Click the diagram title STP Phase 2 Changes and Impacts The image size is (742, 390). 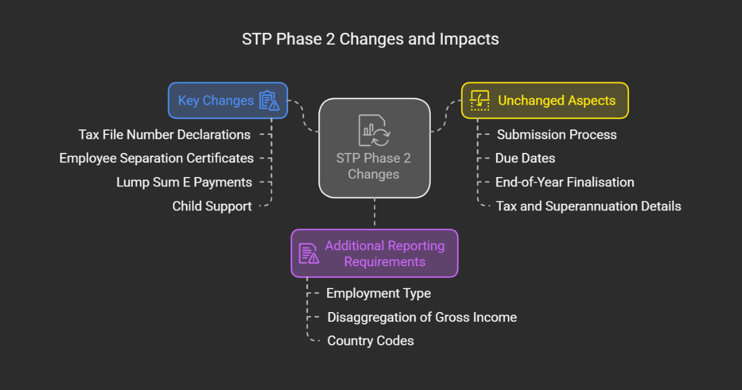pos(370,39)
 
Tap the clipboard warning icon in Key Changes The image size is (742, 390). pos(268,100)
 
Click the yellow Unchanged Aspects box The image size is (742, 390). pos(545,100)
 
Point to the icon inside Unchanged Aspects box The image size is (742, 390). pos(480,100)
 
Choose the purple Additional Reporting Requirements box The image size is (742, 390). pos(374,253)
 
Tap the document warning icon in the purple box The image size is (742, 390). pos(309,253)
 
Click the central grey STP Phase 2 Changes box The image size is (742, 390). pos(374,149)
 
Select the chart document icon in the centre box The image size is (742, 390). pos(373,130)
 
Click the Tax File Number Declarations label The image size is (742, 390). pos(164,134)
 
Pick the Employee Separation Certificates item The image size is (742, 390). pos(156,158)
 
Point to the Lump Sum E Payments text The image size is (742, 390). pos(184,182)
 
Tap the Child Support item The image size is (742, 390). pos(212,206)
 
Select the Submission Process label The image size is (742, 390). pos(557,134)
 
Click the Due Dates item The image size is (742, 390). pos(525,158)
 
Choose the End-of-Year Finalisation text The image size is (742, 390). pos(565,182)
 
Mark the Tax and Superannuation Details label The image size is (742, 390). pos(588,206)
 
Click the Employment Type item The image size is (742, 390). pos(378,293)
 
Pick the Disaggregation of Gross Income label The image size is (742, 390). pos(422,317)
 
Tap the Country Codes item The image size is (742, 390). pos(370,340)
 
